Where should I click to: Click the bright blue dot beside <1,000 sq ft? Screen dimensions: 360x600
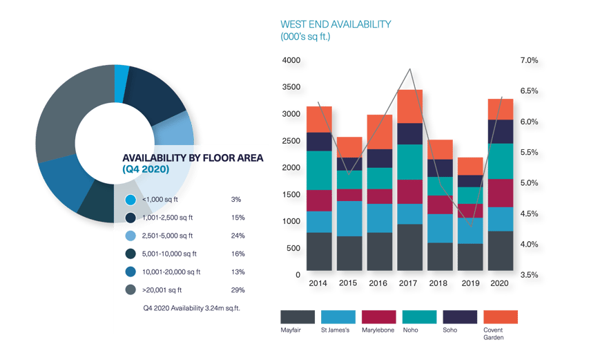click(x=130, y=200)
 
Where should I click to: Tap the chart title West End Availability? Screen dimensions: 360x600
click(x=336, y=24)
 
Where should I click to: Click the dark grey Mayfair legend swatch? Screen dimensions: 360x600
click(x=298, y=317)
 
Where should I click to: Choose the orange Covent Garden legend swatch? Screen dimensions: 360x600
click(x=501, y=317)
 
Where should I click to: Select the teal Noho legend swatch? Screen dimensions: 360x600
click(x=419, y=317)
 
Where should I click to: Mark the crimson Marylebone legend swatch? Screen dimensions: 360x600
click(x=378, y=317)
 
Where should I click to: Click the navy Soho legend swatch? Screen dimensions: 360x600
click(x=460, y=317)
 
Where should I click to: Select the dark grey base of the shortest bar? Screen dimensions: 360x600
click(x=470, y=257)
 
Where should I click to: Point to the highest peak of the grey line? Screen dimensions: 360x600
click(x=412, y=68)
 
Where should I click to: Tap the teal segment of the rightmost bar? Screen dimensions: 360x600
click(x=501, y=161)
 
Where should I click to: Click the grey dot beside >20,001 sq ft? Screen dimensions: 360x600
click(x=130, y=290)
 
